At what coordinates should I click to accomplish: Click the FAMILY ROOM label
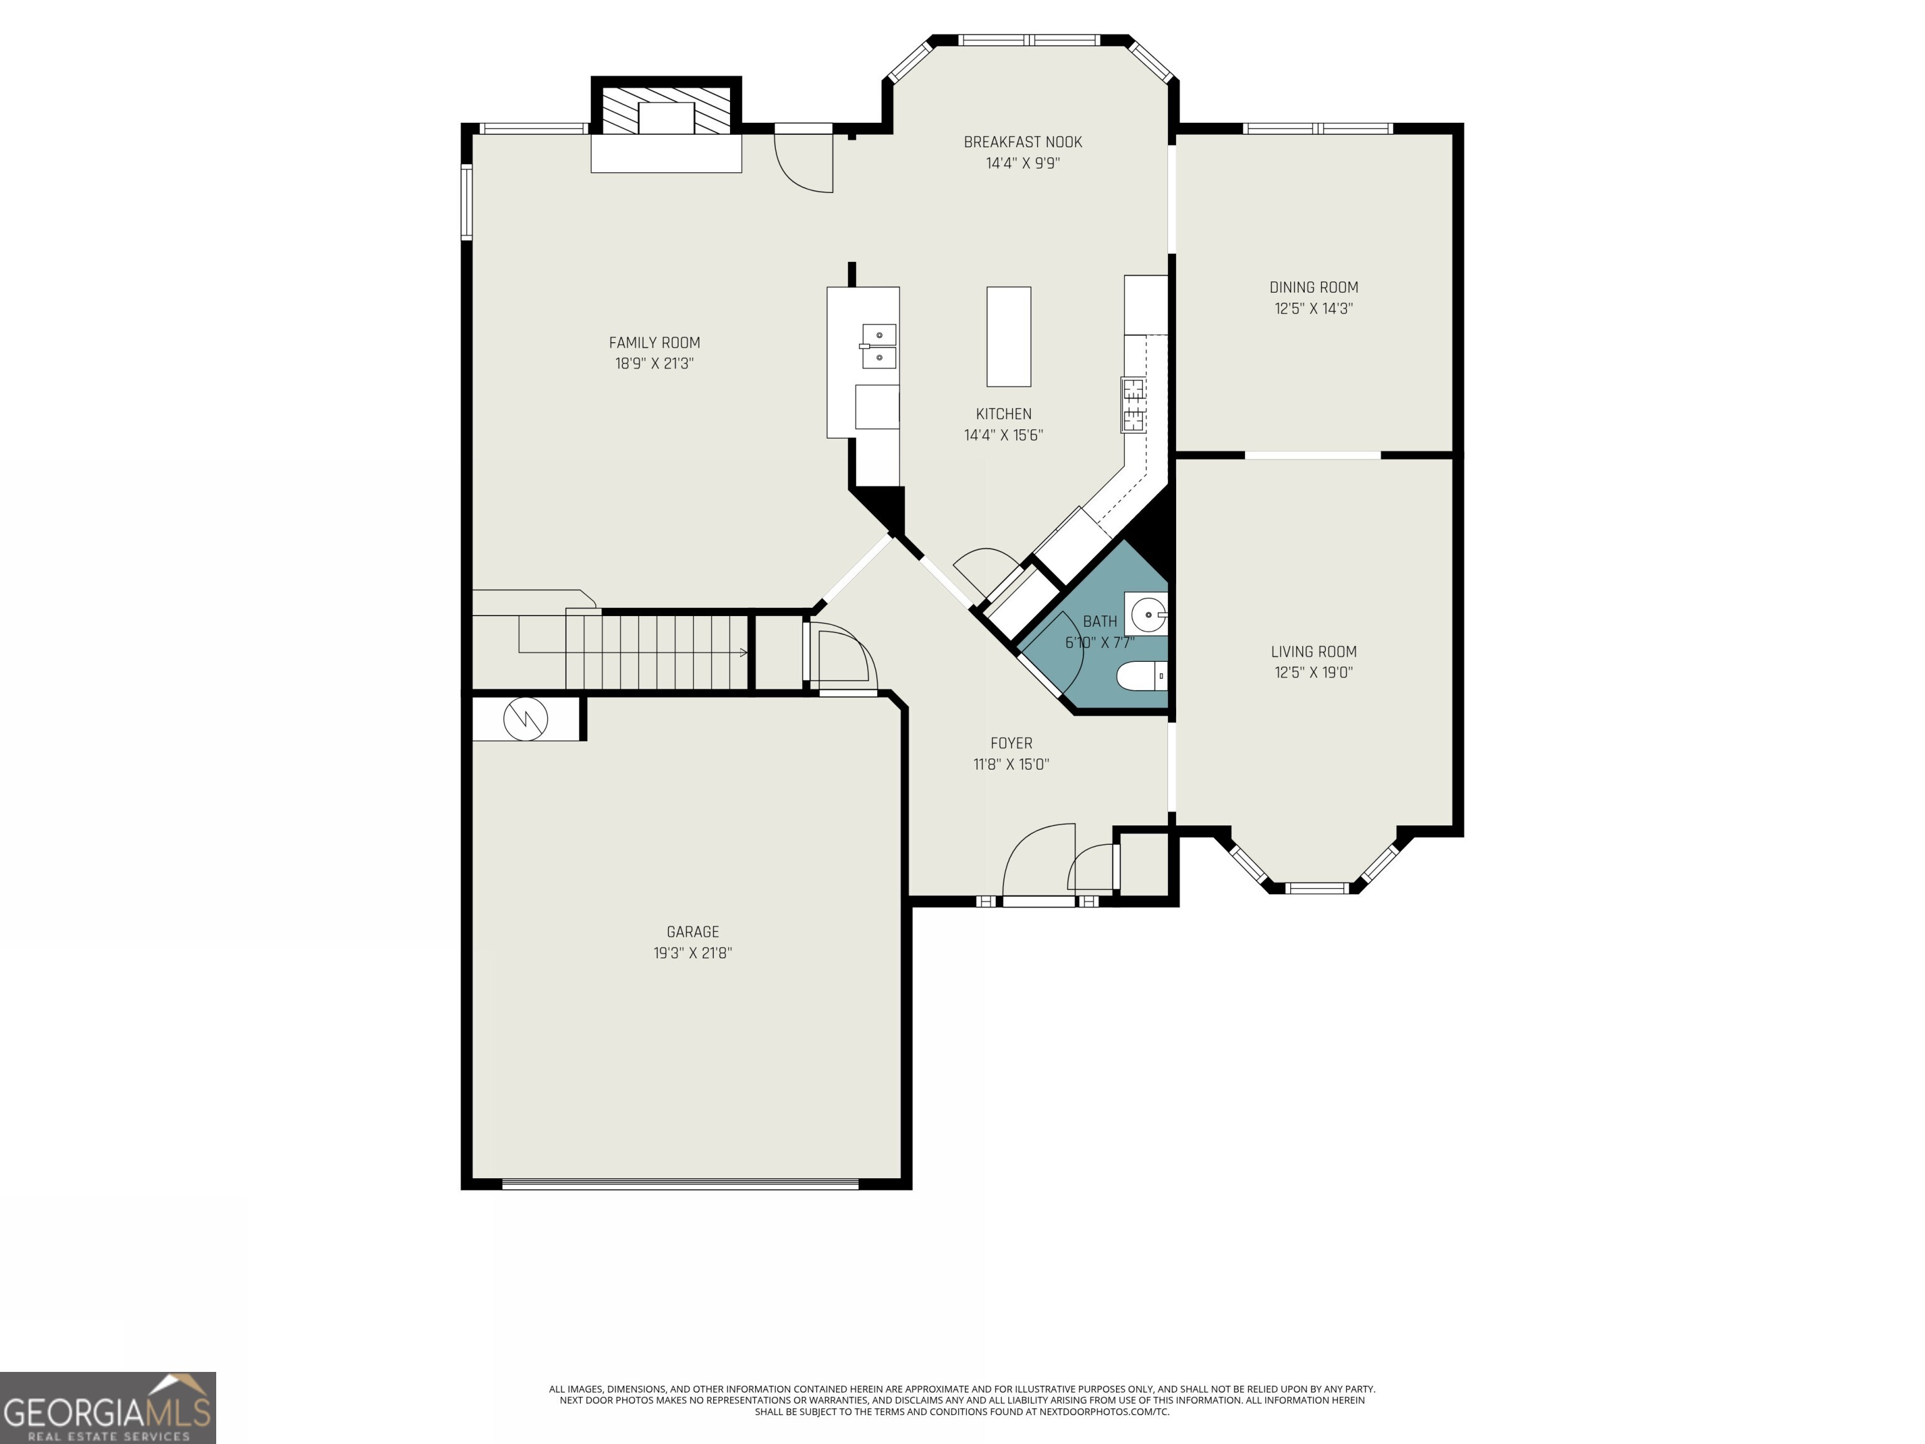click(x=654, y=343)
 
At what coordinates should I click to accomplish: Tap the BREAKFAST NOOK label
click(x=1023, y=142)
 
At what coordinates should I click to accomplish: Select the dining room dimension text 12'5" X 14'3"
click(x=1313, y=308)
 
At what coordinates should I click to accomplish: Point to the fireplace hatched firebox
click(x=665, y=109)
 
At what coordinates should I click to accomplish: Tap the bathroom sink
click(x=1147, y=614)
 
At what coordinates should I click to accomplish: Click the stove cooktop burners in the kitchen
click(x=1132, y=405)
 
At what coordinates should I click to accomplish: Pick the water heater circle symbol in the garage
click(x=526, y=718)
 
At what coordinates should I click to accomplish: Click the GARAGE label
click(x=692, y=931)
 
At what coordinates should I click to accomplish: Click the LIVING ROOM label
click(x=1313, y=651)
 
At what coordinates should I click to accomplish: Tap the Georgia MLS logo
click(x=107, y=1408)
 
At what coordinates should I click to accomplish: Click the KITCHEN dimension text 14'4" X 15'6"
click(x=1003, y=435)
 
